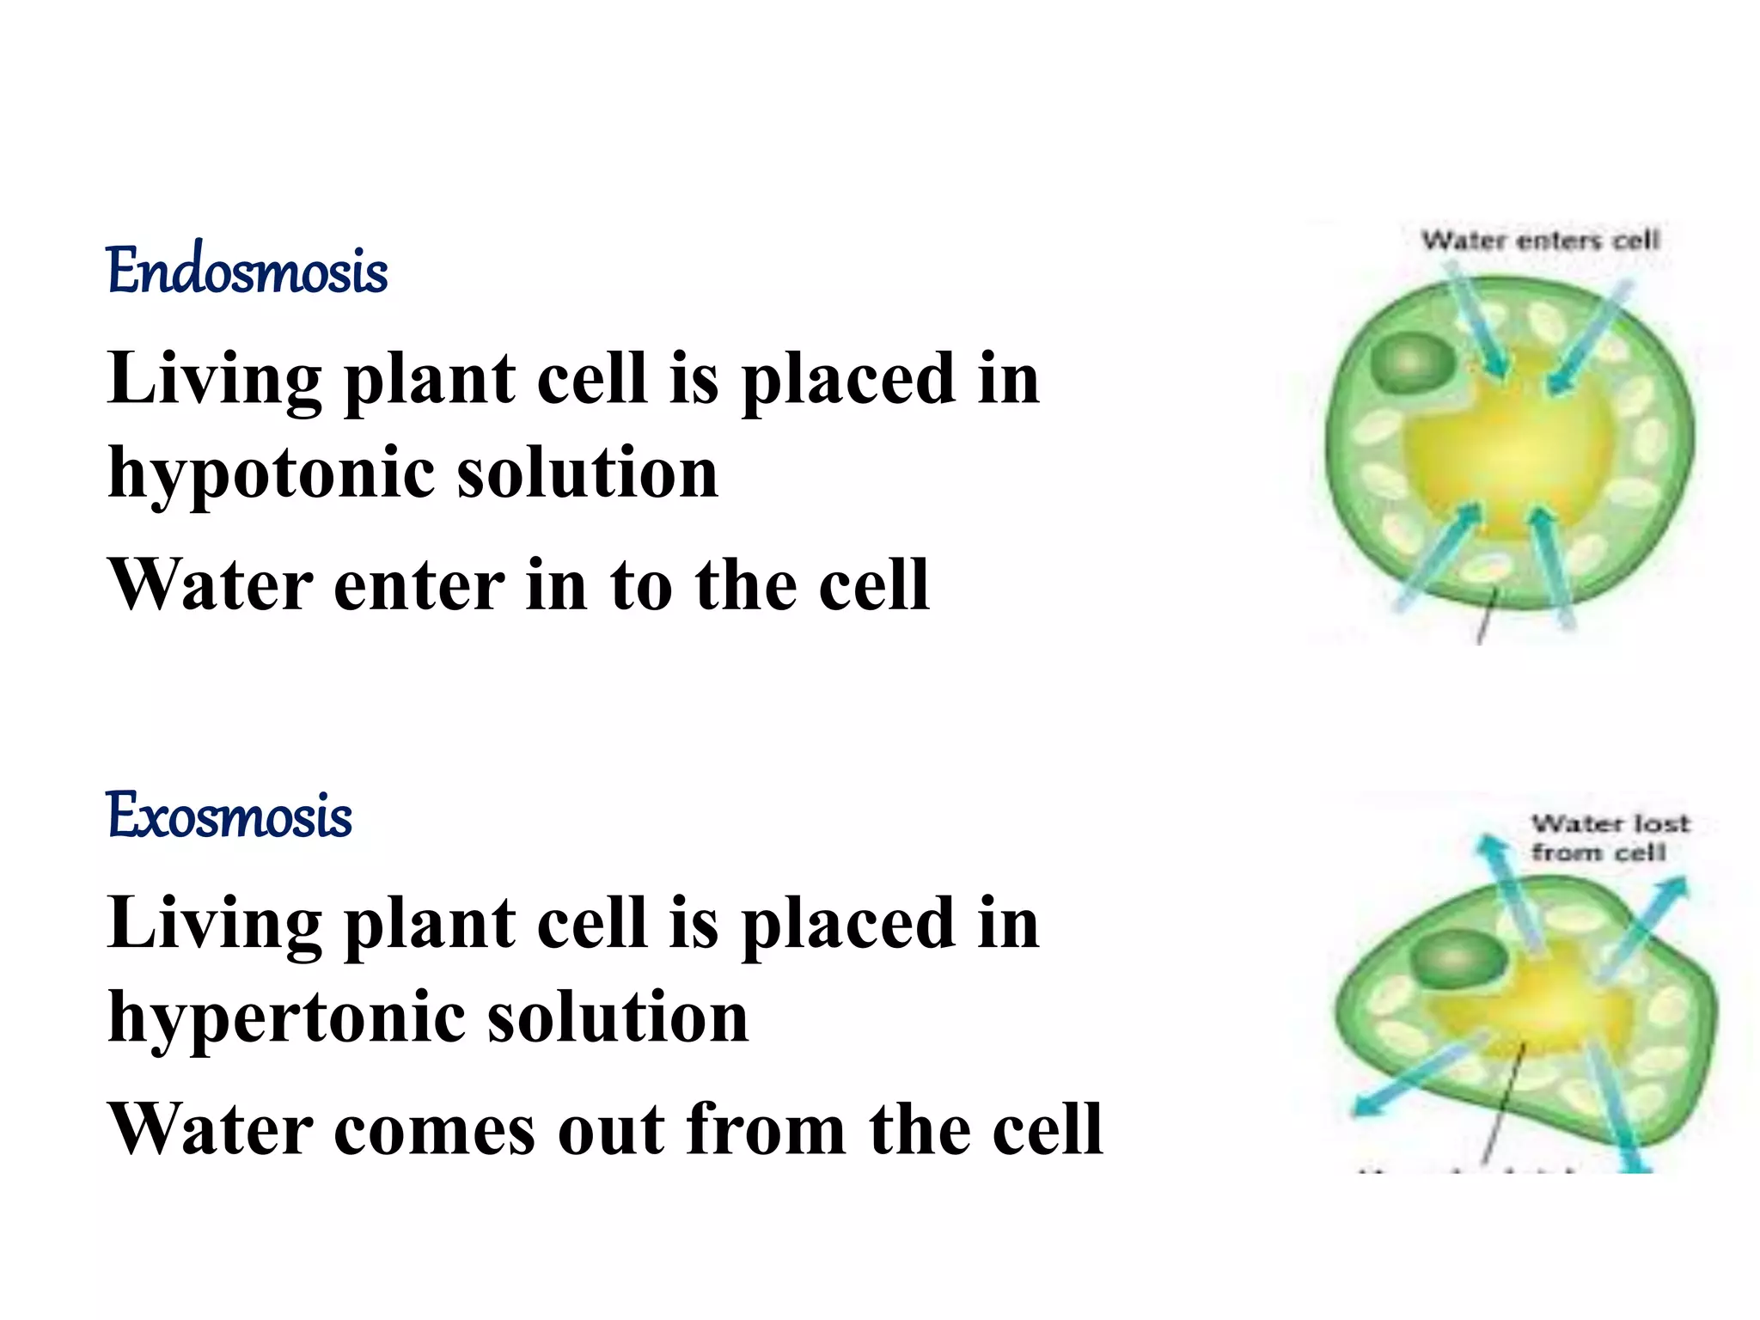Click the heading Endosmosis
point(247,271)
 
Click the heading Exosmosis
point(229,816)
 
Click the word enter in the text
point(419,585)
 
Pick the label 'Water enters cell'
point(1540,240)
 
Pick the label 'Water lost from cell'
point(1608,838)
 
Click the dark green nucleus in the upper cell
point(1412,361)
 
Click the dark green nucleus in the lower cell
point(1458,959)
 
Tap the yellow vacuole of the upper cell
point(1510,447)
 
